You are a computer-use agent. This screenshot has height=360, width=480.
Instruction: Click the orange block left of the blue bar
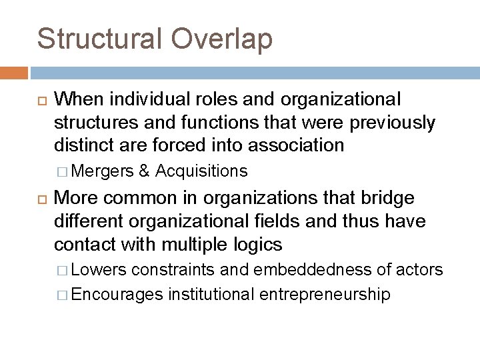tap(13, 72)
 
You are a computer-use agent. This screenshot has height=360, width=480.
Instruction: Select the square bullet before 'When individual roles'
tap(39, 100)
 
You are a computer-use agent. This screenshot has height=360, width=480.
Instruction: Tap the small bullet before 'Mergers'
tap(64, 171)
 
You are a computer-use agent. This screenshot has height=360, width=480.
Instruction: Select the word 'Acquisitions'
tap(201, 171)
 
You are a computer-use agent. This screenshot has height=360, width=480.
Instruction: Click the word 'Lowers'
tap(99, 270)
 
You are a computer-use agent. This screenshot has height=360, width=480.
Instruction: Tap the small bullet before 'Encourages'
tap(64, 294)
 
